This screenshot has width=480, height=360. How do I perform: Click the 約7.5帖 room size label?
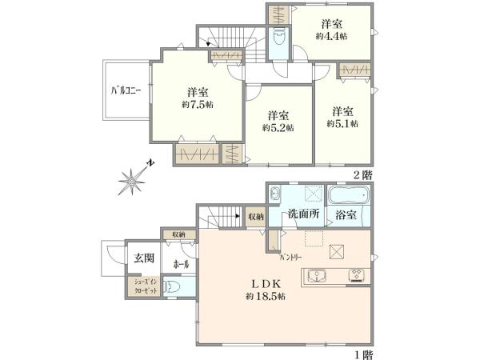197,105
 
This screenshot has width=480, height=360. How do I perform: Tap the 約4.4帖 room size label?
330,37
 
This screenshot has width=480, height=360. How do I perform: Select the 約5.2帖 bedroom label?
277,127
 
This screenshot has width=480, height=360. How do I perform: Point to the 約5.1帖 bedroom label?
342,123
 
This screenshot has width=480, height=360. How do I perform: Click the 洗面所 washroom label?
305,214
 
